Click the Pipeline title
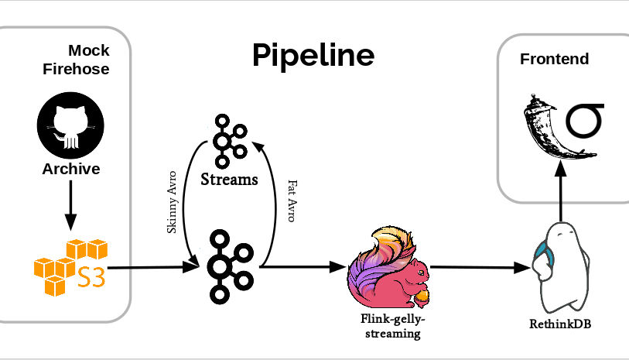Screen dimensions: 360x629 (313, 55)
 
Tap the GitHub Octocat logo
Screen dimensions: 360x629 (70, 128)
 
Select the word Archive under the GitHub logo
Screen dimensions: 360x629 (70, 170)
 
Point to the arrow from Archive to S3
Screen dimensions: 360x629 (70, 205)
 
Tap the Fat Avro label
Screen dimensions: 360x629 (291, 201)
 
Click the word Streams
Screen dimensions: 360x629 (228, 180)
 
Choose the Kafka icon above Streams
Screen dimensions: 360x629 (229, 140)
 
